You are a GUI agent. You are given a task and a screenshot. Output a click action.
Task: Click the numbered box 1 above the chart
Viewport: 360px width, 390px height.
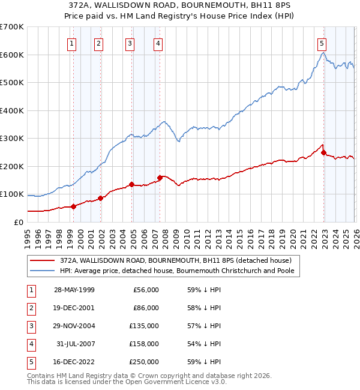click(x=71, y=43)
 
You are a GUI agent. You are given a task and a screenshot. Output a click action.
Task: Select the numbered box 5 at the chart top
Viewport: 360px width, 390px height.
click(x=322, y=43)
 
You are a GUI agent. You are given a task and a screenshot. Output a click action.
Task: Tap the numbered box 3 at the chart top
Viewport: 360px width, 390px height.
click(x=130, y=43)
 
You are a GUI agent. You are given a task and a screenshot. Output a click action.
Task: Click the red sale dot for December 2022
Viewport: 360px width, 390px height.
click(x=323, y=152)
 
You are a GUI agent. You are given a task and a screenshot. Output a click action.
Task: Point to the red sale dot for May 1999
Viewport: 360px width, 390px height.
click(x=73, y=206)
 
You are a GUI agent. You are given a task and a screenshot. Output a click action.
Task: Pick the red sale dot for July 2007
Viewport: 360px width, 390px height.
click(x=160, y=178)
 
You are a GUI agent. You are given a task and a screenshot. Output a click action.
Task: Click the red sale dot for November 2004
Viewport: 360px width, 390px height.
click(x=131, y=184)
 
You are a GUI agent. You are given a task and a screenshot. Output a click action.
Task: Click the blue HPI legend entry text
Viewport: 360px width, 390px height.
click(x=179, y=271)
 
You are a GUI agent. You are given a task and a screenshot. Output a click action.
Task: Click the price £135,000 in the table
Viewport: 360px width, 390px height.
click(x=145, y=325)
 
